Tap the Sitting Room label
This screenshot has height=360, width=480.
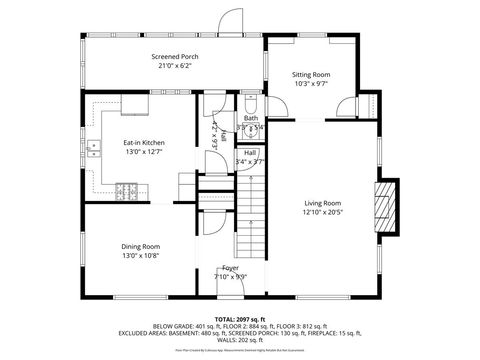tap(310, 75)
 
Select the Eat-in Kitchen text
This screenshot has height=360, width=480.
tap(144, 143)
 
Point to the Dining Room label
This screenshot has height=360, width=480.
tap(140, 246)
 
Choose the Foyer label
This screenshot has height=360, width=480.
tap(231, 268)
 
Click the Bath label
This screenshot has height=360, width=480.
tap(250, 118)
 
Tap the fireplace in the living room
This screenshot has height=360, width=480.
tap(384, 204)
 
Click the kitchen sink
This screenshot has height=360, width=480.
tap(94, 151)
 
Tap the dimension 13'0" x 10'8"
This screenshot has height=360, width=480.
tap(140, 255)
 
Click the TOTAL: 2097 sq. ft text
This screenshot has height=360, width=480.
tap(240, 318)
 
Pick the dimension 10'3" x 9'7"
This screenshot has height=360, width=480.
tap(310, 84)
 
